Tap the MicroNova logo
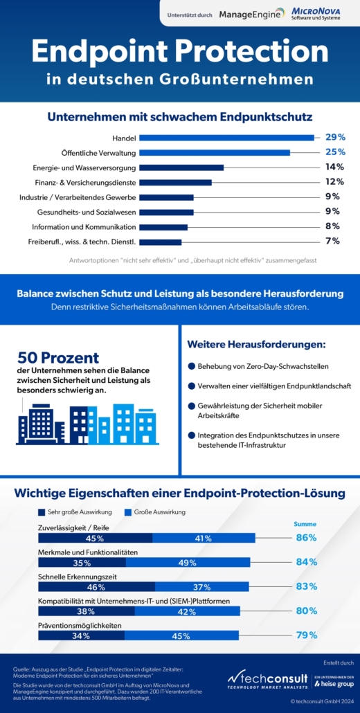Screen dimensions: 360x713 click(x=314, y=13)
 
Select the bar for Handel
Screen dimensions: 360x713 click(x=226, y=138)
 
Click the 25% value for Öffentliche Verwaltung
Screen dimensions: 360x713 click(x=335, y=152)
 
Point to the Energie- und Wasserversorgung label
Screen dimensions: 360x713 click(x=84, y=168)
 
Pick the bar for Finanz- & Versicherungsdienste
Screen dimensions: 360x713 click(x=175, y=182)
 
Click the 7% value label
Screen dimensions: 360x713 click(x=333, y=241)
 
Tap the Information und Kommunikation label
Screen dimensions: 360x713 click(x=84, y=226)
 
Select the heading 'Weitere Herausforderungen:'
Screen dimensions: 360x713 click(x=256, y=344)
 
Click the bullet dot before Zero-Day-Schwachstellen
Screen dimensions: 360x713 click(x=191, y=366)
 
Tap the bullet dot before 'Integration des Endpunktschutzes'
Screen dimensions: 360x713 click(x=191, y=435)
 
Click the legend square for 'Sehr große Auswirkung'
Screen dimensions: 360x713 click(x=42, y=512)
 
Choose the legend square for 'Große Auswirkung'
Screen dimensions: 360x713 click(x=127, y=512)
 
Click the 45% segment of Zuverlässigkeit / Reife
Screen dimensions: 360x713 click(x=95, y=538)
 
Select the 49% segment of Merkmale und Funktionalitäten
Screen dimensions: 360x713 click(x=188, y=563)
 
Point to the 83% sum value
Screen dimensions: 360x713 click(x=306, y=586)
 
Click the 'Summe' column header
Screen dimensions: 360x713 click(x=305, y=524)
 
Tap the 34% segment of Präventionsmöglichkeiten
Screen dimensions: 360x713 click(x=82, y=635)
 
